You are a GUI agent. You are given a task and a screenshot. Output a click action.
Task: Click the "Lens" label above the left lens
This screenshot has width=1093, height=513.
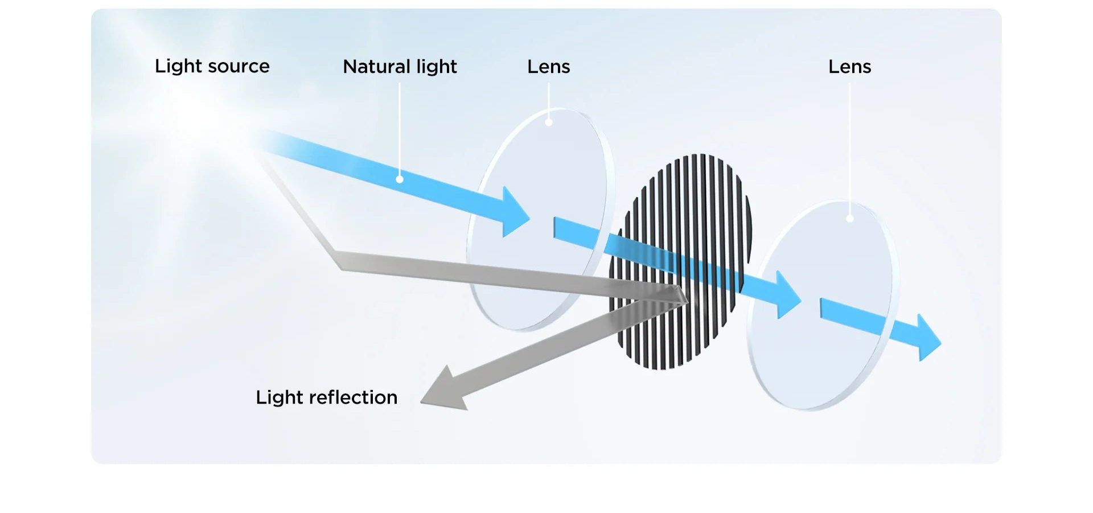(548, 67)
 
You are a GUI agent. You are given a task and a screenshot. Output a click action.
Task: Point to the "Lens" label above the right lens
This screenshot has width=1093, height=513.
(849, 67)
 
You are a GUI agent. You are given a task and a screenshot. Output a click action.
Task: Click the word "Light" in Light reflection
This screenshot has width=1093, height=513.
(279, 397)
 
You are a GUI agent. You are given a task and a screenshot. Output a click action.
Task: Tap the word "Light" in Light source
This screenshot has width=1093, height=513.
(178, 67)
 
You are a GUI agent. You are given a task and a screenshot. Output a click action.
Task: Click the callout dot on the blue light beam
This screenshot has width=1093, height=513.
(400, 179)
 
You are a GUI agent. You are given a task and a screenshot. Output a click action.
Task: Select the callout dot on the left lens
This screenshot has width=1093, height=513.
(549, 122)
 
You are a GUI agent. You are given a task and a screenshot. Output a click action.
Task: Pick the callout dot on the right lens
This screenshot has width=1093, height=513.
(850, 219)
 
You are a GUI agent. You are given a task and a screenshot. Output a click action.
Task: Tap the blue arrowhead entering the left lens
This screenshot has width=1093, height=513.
(515, 213)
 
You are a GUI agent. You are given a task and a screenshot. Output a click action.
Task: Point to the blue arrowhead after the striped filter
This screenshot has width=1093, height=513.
(788, 296)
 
